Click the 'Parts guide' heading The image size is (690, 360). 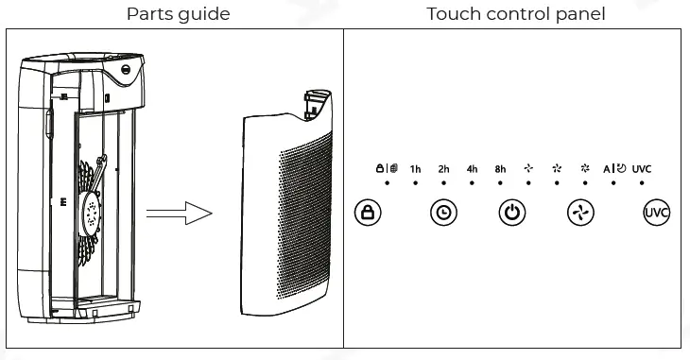coord(178,14)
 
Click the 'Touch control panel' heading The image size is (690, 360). coord(516,14)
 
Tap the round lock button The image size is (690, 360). coord(368,213)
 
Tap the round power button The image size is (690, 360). coord(511,213)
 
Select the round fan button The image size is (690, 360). coord(580,213)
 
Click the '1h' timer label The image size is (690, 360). coord(415,169)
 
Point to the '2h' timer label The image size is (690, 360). coord(443,169)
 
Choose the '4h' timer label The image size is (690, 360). coord(472,169)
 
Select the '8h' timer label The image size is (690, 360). coord(500,169)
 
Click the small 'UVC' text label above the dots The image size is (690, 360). coord(642,169)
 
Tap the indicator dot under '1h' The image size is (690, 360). coord(415,182)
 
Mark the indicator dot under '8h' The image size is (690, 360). coord(500,182)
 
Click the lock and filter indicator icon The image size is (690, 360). coord(387,168)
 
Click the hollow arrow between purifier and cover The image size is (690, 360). coord(183,212)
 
